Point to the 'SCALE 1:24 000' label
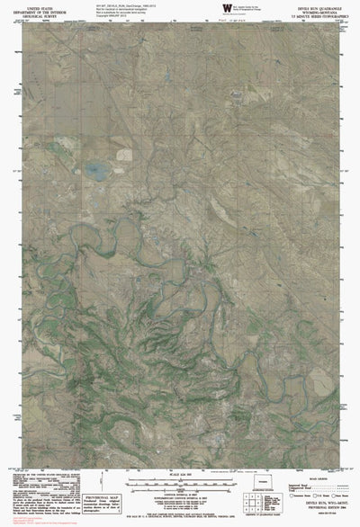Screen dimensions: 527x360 pos(180,474)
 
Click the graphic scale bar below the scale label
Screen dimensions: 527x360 pos(180,484)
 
